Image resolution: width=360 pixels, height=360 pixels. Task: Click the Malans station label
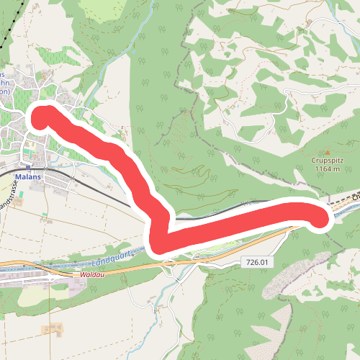(30, 175)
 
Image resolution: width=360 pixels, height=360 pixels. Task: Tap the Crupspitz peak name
(325, 161)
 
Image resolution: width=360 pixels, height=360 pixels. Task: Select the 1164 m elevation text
(325, 169)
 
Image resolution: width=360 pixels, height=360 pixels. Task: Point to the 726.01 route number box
(256, 264)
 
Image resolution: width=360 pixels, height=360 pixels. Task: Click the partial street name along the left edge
(8, 191)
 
